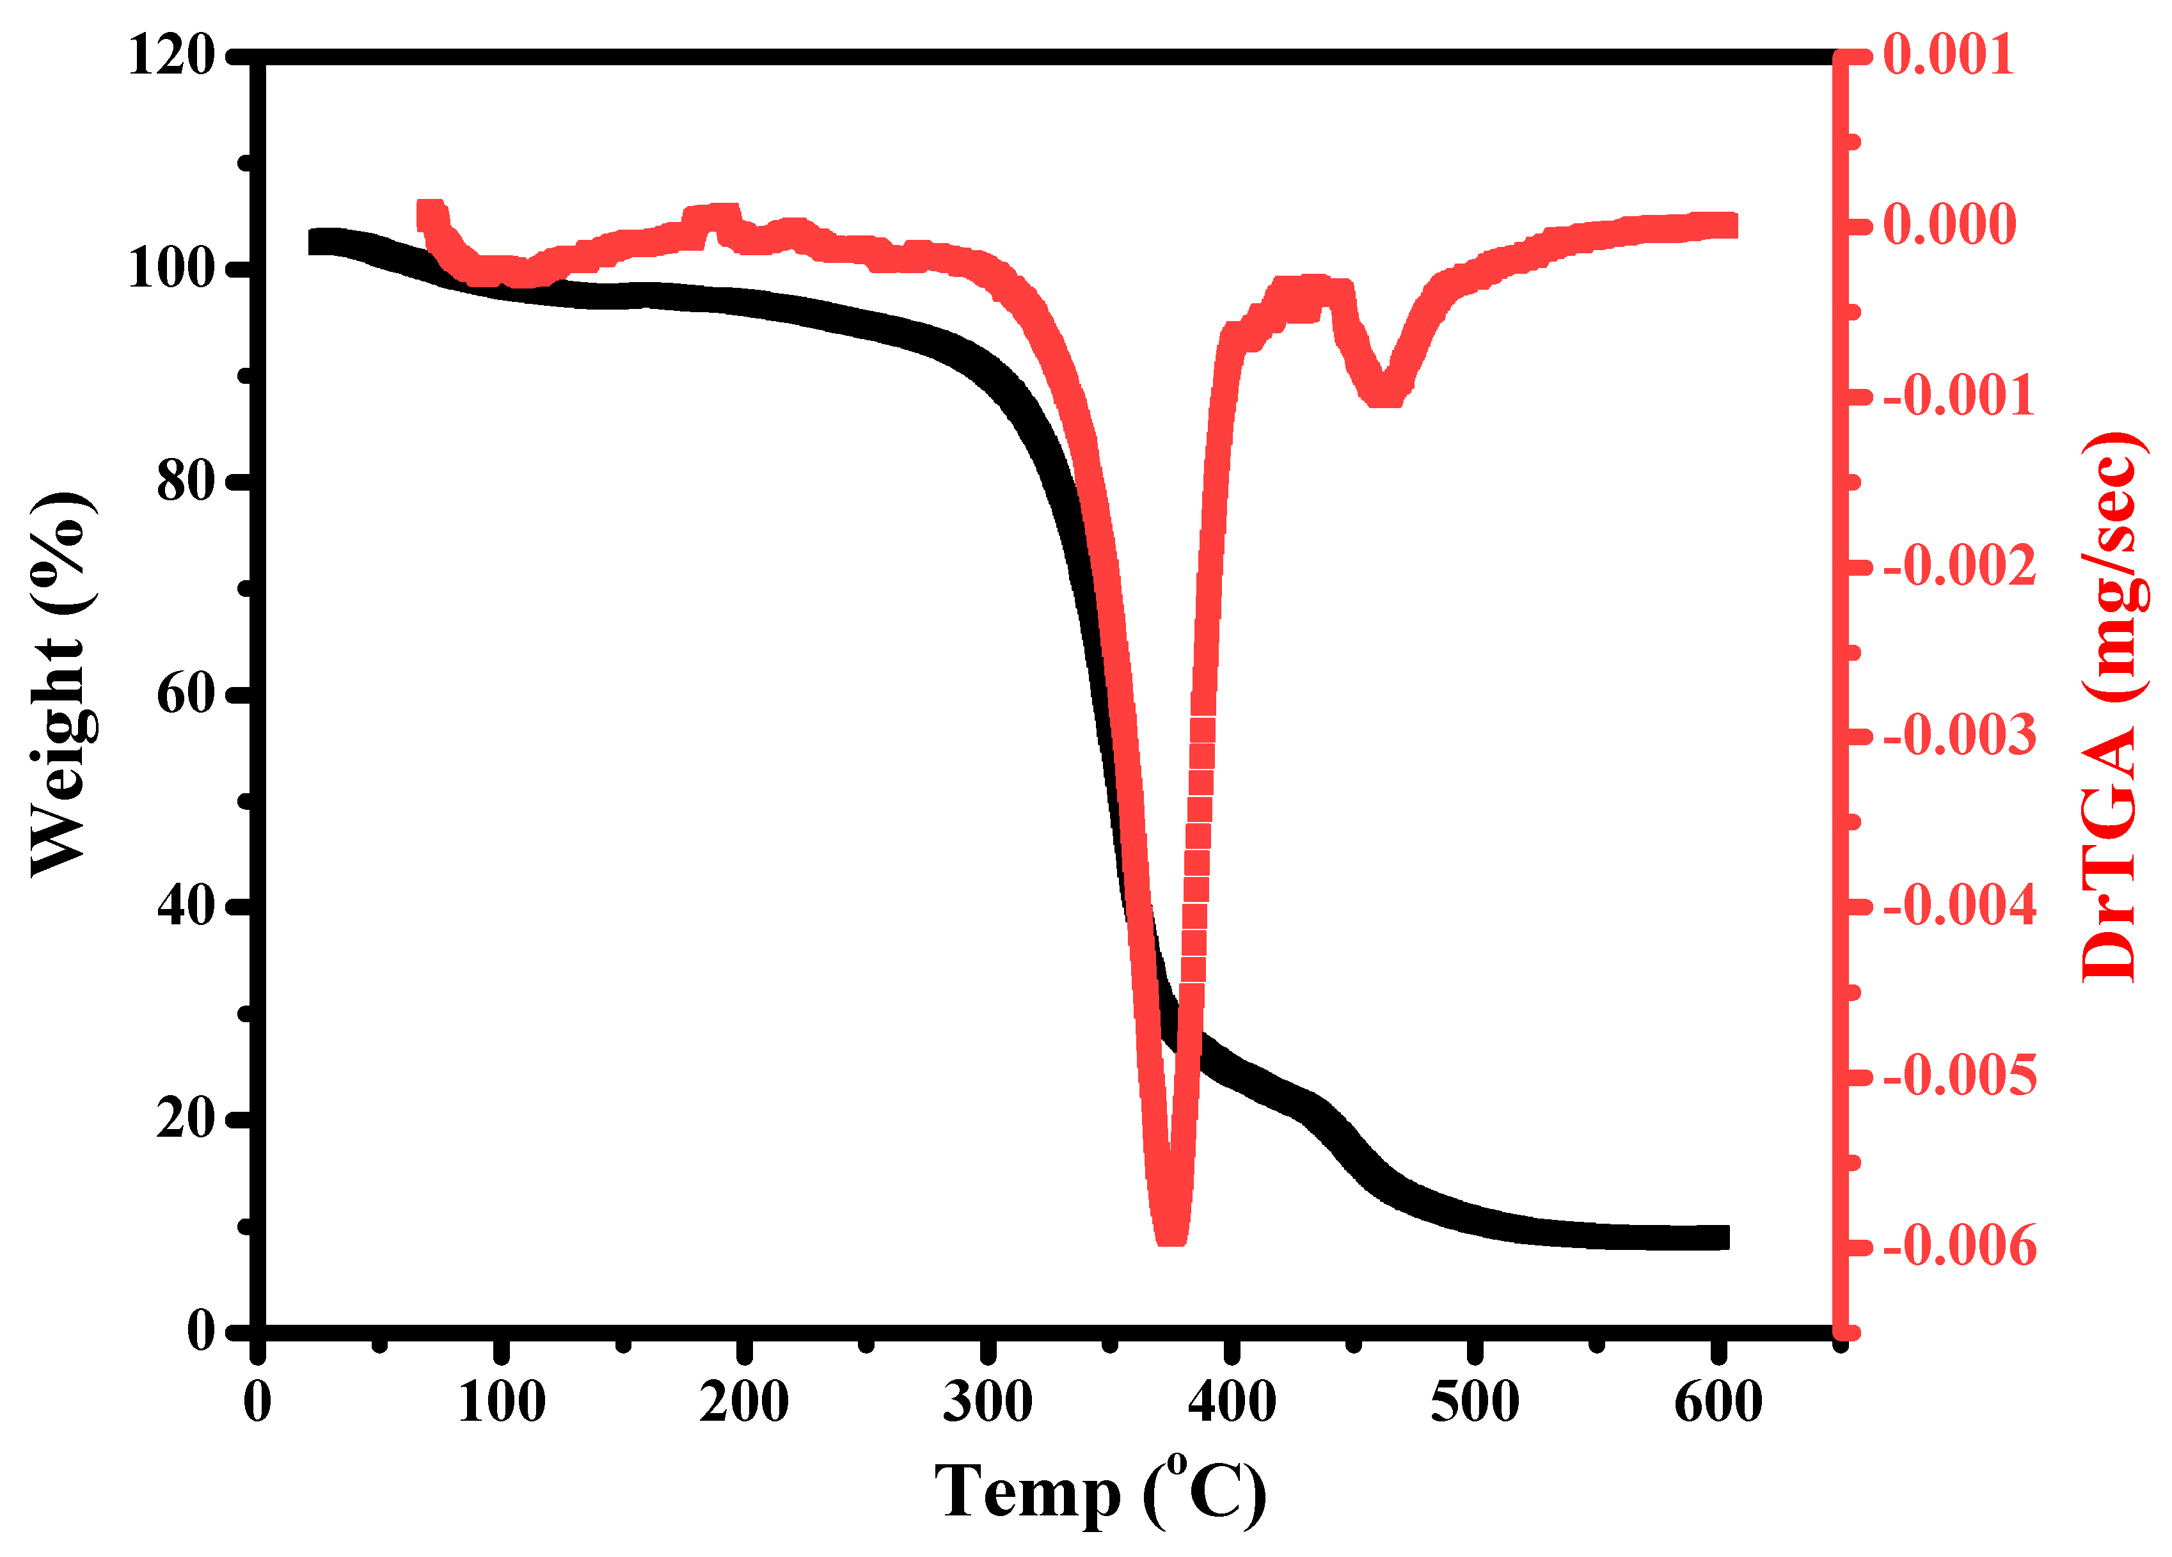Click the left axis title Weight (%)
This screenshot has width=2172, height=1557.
click(x=62, y=684)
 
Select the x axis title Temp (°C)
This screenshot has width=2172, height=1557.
click(x=1100, y=1493)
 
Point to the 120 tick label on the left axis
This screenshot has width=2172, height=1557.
click(x=172, y=56)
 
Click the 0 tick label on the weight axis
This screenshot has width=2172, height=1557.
click(x=201, y=1332)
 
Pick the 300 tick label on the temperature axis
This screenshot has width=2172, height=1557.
click(x=987, y=1403)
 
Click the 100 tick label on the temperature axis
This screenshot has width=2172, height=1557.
click(x=501, y=1403)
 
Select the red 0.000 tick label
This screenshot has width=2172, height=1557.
click(x=1949, y=225)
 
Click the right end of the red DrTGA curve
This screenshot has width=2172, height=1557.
click(x=1729, y=226)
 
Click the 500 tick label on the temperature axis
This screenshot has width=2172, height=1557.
click(x=1475, y=1403)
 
